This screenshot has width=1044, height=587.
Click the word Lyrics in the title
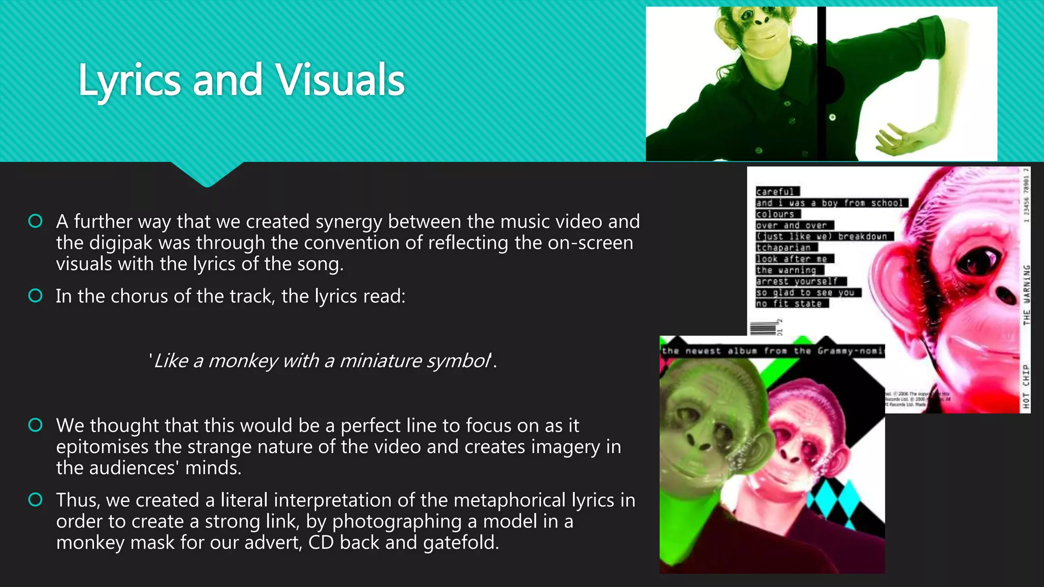129,81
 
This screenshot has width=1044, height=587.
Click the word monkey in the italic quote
243,361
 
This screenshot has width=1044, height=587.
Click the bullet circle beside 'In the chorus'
35,296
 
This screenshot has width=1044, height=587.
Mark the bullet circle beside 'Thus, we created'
35,500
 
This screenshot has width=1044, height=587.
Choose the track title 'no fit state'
789,304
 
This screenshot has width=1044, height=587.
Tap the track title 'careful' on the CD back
775,192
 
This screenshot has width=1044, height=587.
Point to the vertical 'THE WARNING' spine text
1026,295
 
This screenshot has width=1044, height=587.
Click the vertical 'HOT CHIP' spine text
1026,386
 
